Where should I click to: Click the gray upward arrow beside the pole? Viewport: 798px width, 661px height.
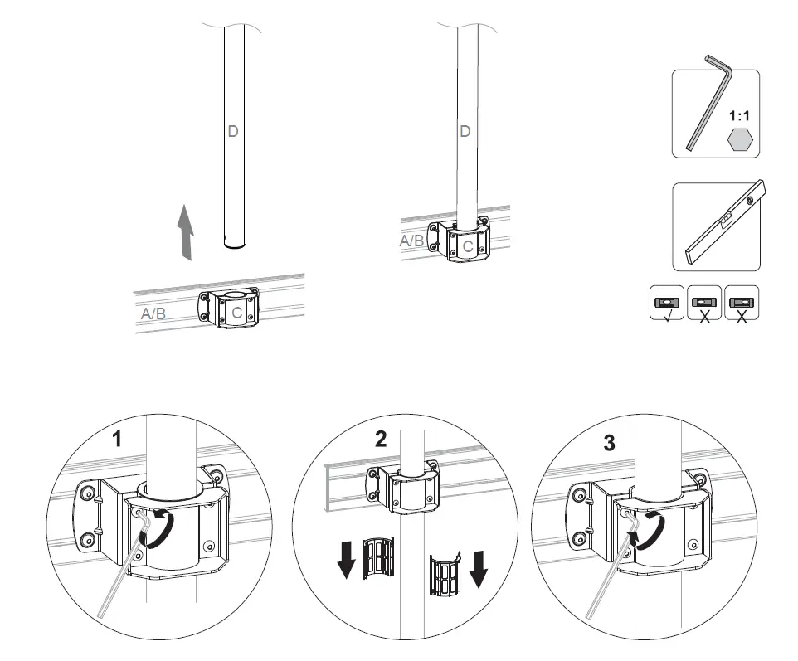[x=187, y=233]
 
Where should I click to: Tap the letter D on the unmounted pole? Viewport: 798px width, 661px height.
[x=233, y=130]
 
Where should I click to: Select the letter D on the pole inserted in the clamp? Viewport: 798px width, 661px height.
[x=465, y=131]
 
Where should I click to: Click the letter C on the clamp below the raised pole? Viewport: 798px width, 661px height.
[x=237, y=313]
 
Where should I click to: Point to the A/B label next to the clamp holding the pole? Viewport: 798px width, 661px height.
[x=412, y=241]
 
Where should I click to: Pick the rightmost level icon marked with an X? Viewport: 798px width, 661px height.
[x=741, y=304]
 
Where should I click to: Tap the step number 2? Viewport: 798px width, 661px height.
[x=381, y=440]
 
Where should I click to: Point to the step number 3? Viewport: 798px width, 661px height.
[x=610, y=444]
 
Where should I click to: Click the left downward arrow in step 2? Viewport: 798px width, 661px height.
[x=347, y=559]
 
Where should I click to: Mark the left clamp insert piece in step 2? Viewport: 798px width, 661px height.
[x=380, y=559]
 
